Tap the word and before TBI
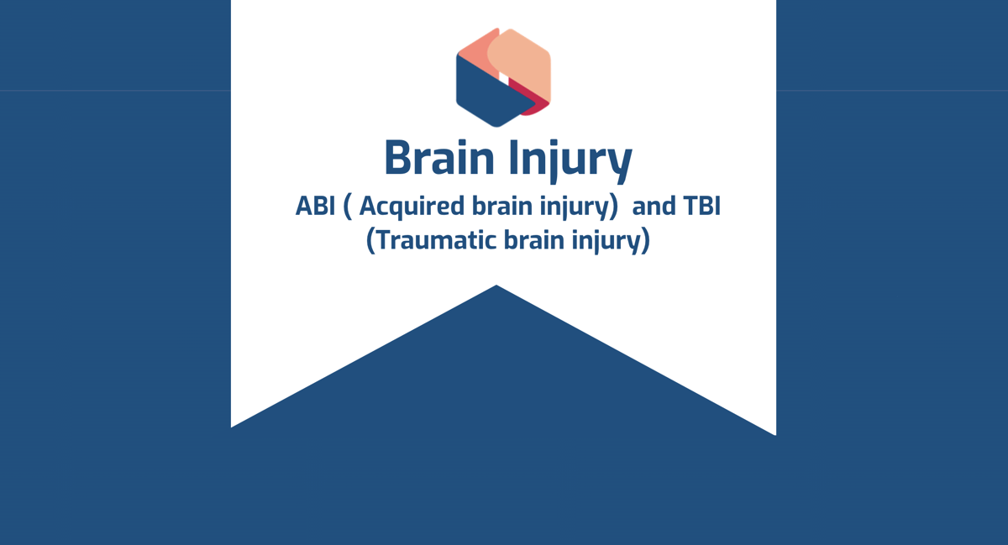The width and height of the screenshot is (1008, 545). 653,207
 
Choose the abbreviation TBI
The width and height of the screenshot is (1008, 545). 701,207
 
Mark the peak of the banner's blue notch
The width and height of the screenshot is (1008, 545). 496,286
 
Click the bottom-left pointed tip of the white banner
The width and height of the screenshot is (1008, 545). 233,426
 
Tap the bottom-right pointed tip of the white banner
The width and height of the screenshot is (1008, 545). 774,433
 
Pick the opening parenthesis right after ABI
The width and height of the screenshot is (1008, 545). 347,207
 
